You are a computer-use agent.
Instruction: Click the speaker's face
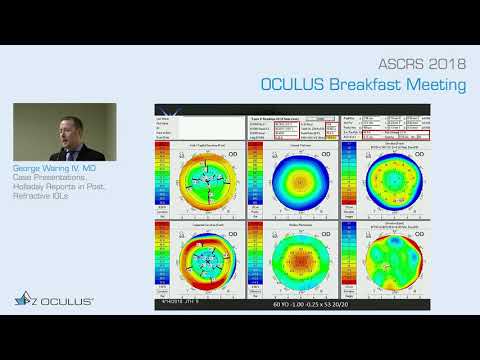coord(66,131)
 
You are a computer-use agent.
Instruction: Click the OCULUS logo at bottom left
coord(54,300)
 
